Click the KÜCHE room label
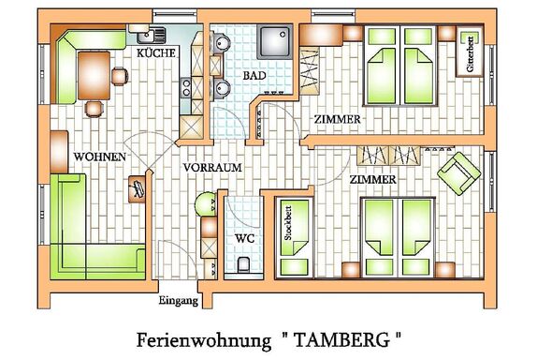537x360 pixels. tap(156, 53)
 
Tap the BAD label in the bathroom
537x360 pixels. tap(254, 76)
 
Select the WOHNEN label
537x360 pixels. tap(100, 157)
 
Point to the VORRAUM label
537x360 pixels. tap(212, 168)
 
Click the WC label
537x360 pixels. tap(244, 238)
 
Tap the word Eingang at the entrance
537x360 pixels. tap(179, 301)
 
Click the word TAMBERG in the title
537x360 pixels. tap(341, 340)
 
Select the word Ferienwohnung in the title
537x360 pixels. tap(204, 341)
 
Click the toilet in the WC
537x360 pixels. tap(243, 264)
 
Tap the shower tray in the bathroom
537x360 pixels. tap(275, 41)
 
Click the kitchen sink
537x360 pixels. tap(151, 35)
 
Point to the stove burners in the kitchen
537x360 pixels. tap(186, 87)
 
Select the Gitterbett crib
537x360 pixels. tap(470, 52)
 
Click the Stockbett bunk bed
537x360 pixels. tap(295, 236)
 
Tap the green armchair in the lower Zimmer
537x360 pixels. tap(459, 172)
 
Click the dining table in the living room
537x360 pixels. tap(94, 76)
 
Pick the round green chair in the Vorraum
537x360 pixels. tap(205, 204)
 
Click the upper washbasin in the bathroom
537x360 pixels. tap(222, 42)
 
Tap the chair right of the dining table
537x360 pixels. tap(120, 76)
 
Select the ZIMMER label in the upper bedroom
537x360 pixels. tap(338, 119)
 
